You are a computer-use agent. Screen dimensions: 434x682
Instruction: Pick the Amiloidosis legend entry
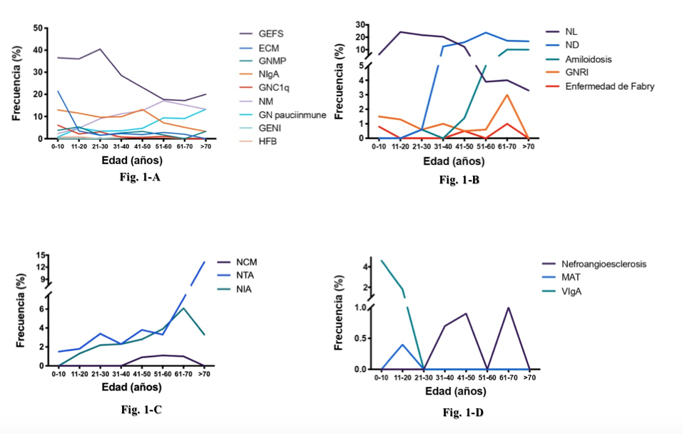[x=589, y=59]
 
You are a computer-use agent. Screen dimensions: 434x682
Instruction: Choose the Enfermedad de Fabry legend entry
[x=610, y=86]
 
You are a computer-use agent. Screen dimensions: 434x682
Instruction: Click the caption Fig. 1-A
[x=139, y=178]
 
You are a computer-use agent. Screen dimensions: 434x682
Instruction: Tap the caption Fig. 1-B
[x=459, y=180]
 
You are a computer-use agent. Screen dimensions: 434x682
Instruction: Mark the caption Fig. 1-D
[x=463, y=412]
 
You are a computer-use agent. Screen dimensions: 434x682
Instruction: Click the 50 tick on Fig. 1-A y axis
[x=36, y=28]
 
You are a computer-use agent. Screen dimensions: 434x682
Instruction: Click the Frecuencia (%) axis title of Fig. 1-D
[x=340, y=311]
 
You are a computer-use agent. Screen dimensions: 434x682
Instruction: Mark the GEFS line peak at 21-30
[x=100, y=49]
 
